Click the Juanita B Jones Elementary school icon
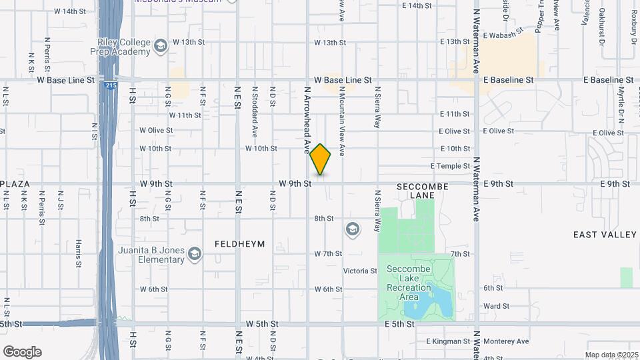point(194,254)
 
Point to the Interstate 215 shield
point(109,86)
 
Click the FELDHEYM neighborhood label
point(239,244)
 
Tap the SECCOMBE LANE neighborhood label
point(423,190)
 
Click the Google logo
point(22,352)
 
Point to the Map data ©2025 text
point(611,355)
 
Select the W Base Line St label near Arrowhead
point(343,80)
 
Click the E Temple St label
point(450,166)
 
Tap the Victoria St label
point(360,271)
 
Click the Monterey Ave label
point(506,341)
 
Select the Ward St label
point(496,307)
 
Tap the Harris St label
point(78,253)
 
